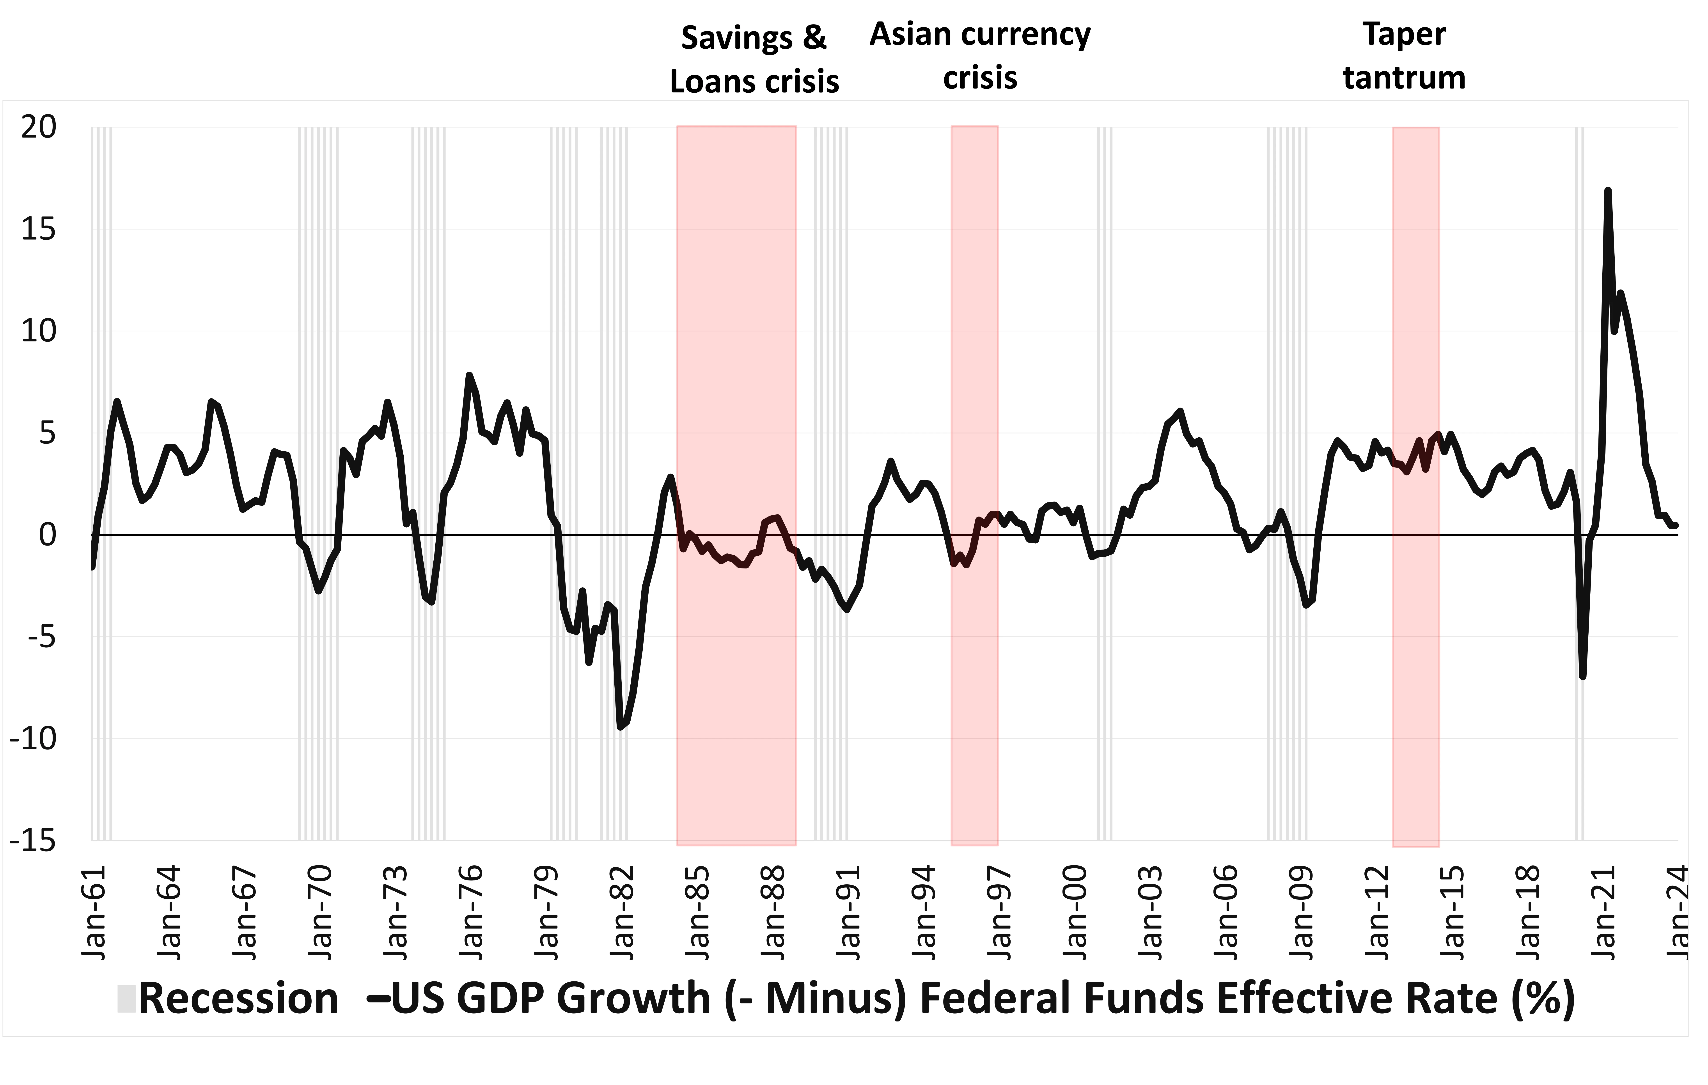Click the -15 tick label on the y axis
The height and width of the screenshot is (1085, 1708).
pyautogui.click(x=33, y=841)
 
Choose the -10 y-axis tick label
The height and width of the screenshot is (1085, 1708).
pyautogui.click(x=33, y=739)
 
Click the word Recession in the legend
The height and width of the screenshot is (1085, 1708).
pyautogui.click(x=238, y=998)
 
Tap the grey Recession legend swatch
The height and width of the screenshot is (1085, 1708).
pyautogui.click(x=126, y=998)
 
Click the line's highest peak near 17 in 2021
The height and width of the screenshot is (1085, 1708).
pyautogui.click(x=1607, y=190)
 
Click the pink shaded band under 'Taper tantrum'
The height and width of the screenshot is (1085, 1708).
pyautogui.click(x=1416, y=638)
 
